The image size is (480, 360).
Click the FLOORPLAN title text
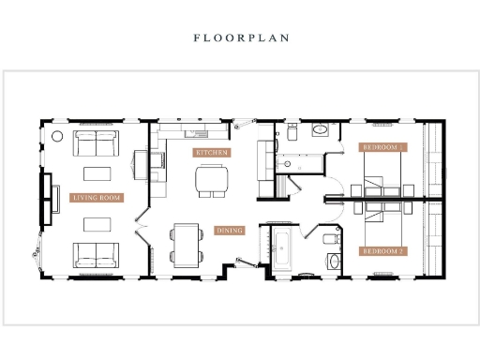point(240,38)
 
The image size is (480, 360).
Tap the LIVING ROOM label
point(97,198)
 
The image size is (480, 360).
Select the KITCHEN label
point(211,152)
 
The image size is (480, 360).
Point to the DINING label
point(230,230)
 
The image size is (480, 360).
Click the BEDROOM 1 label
point(382,147)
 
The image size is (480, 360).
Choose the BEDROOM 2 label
point(382,250)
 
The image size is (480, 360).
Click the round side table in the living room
point(56,137)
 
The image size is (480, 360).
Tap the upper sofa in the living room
point(96,143)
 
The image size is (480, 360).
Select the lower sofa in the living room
point(96,253)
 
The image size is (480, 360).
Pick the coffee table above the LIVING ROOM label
point(97,173)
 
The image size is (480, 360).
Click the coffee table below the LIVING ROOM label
point(97,223)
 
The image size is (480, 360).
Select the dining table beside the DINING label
point(185,242)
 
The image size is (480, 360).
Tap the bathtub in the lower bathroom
point(282,250)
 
